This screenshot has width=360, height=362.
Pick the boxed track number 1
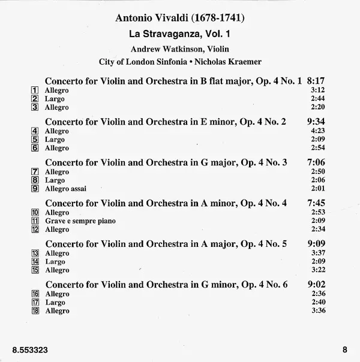pyautogui.click(x=35, y=90)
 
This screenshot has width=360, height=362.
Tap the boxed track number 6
pyautogui.click(x=35, y=148)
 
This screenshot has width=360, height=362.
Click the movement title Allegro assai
pyautogui.click(x=65, y=189)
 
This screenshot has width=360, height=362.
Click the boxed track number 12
pyautogui.click(x=35, y=230)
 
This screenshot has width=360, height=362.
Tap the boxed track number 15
pyautogui.click(x=35, y=270)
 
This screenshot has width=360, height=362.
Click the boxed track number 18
pyautogui.click(x=35, y=311)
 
